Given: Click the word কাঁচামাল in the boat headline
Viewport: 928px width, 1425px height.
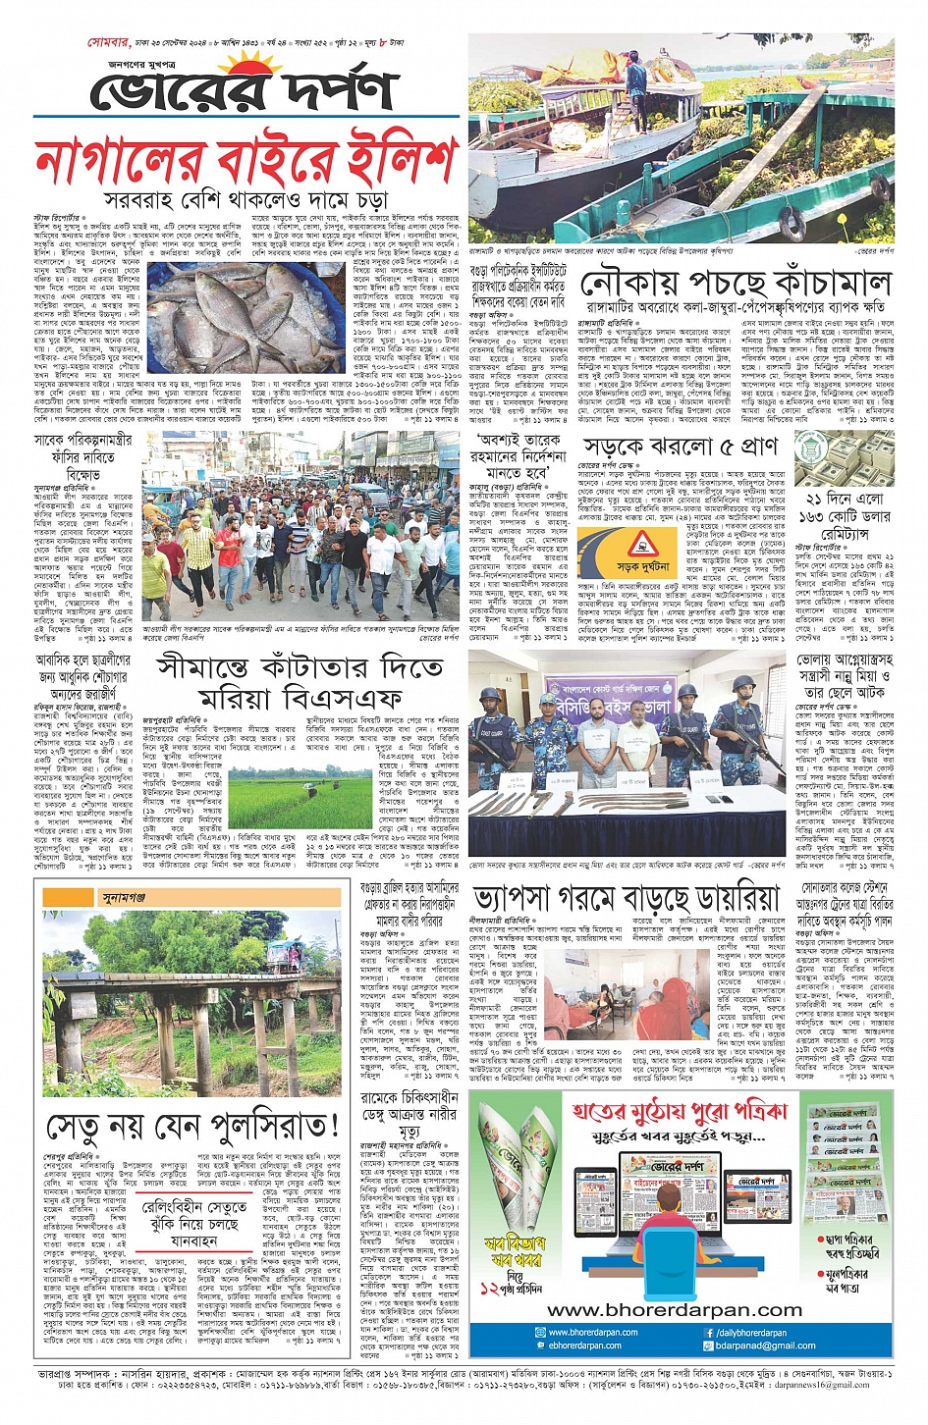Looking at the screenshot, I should point(814,285).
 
